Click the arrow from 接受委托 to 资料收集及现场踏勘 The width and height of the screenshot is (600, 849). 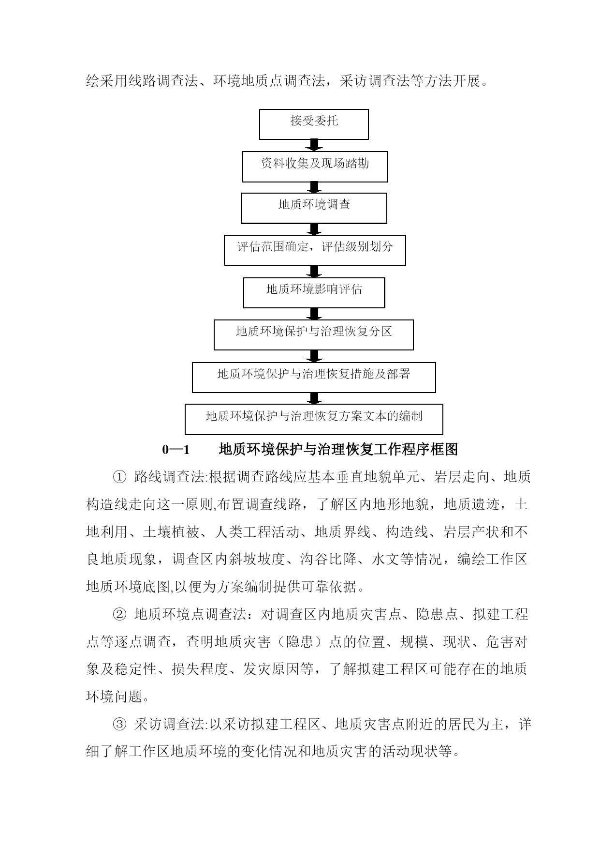click(314, 146)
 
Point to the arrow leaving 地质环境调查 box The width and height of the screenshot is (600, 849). click(314, 229)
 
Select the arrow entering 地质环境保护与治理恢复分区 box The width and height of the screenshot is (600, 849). click(314, 314)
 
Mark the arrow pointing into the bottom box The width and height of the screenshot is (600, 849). click(314, 398)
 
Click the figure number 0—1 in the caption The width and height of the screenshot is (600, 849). click(176, 450)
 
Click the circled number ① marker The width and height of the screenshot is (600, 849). click(119, 477)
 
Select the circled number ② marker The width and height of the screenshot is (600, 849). click(119, 615)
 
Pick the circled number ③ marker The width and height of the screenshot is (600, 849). click(119, 725)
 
